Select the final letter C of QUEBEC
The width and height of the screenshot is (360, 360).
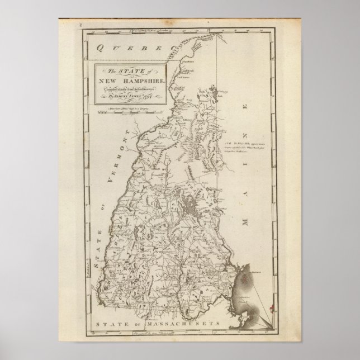(x=166, y=49)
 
